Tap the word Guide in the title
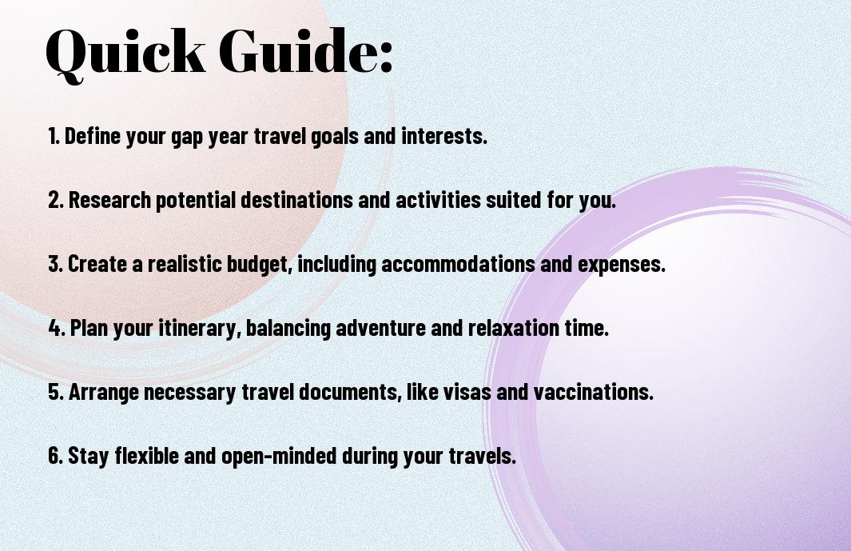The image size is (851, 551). [294, 50]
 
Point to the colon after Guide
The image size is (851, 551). [386, 57]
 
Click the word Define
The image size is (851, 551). [92, 136]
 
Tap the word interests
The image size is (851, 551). [444, 136]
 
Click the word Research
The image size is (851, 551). [109, 199]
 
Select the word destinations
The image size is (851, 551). [296, 199]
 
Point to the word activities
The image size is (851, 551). [438, 199]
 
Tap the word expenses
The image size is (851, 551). [622, 265]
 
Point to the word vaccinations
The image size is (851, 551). [593, 391]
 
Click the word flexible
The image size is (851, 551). [146, 455]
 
